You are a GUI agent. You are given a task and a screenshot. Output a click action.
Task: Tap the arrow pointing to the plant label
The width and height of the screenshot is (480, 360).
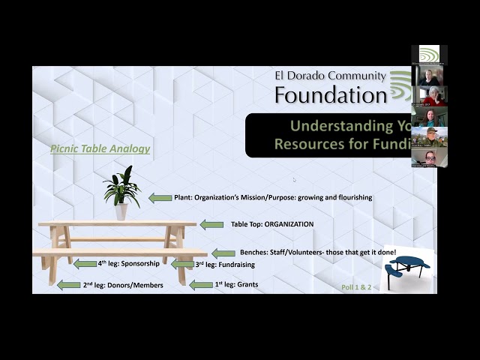click(160, 198)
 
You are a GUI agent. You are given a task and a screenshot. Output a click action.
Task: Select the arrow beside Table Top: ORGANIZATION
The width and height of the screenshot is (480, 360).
click(211, 224)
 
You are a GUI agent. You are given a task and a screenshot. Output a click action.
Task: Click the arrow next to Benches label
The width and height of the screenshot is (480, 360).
click(223, 253)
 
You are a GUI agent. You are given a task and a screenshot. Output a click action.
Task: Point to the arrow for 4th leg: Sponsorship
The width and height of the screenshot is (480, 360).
click(85, 264)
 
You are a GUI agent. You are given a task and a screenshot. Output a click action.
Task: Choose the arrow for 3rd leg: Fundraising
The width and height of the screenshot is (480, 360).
click(182, 264)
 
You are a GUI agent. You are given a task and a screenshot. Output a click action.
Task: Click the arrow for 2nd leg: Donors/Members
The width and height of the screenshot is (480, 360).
click(69, 285)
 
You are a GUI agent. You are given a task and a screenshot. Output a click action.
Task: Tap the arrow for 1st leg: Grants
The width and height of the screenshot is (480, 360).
click(201, 285)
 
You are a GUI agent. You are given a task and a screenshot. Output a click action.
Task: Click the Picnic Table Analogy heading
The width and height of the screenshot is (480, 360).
click(100, 148)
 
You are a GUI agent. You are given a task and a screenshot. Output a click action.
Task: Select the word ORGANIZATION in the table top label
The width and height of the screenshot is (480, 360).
click(289, 224)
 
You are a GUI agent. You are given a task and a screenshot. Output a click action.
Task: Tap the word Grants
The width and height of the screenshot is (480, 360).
click(247, 285)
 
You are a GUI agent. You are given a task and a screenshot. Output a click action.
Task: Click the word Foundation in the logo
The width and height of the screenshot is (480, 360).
click(330, 94)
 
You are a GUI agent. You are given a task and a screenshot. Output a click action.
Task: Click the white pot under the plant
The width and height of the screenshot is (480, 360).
click(121, 211)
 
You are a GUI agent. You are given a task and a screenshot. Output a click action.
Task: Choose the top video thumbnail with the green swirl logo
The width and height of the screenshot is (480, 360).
click(429, 55)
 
